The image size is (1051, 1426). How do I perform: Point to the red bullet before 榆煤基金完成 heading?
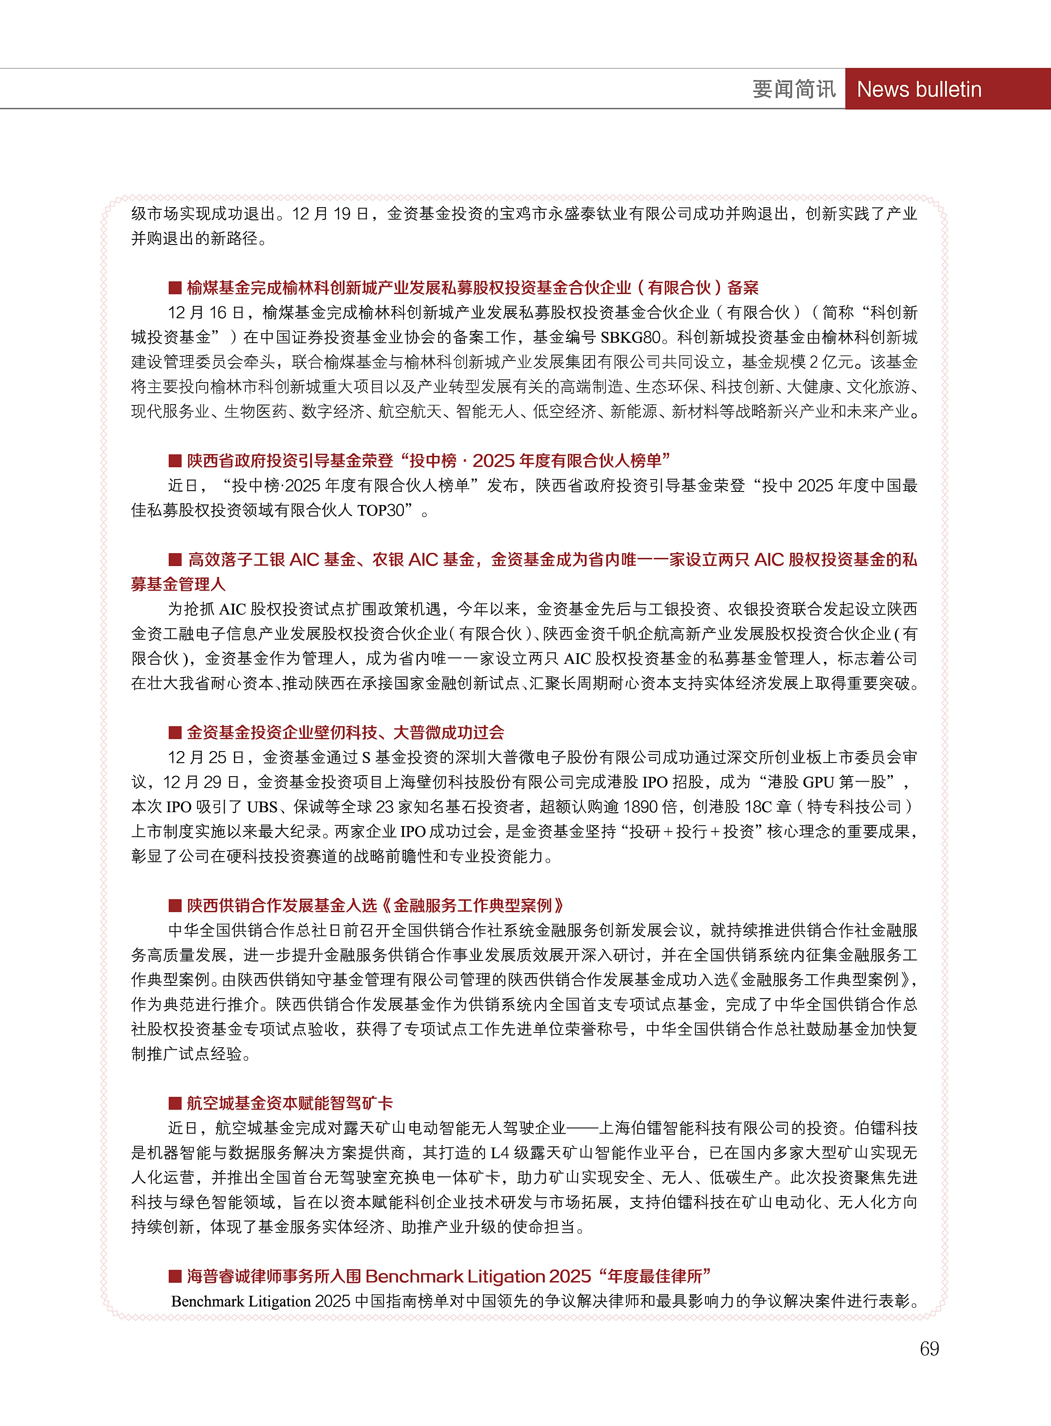(x=175, y=288)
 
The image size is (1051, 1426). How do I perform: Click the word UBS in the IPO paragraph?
(x=262, y=807)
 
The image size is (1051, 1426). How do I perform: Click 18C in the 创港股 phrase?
(x=758, y=807)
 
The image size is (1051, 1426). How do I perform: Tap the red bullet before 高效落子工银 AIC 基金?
(x=175, y=560)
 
